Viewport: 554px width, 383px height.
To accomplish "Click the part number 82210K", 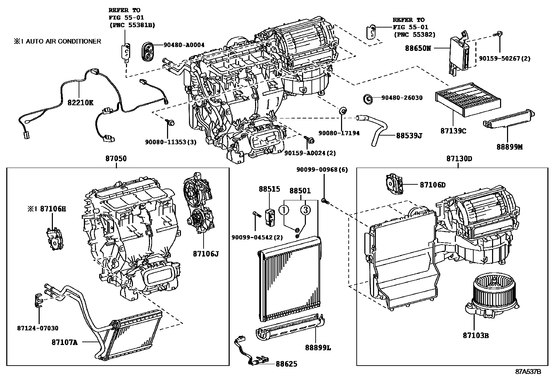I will pos(80,103).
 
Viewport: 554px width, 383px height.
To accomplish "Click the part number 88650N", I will pos(418,48).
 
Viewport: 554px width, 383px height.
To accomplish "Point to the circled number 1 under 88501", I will pos(284,210).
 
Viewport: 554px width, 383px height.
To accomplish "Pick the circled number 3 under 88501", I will pos(305,210).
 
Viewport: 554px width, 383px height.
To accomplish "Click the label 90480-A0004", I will pos(184,45).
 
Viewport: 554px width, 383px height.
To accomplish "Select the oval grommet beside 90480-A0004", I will pos(149,52).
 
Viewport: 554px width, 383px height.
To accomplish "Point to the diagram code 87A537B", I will pos(528,371).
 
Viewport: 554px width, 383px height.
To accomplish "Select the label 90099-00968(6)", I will pos(322,170).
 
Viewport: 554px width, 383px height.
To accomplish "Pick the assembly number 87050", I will pos(116,159).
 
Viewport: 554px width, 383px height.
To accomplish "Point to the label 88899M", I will pos(509,147).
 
